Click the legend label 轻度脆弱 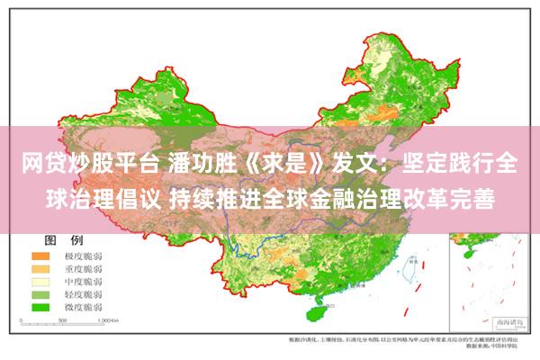tap(85, 293)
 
